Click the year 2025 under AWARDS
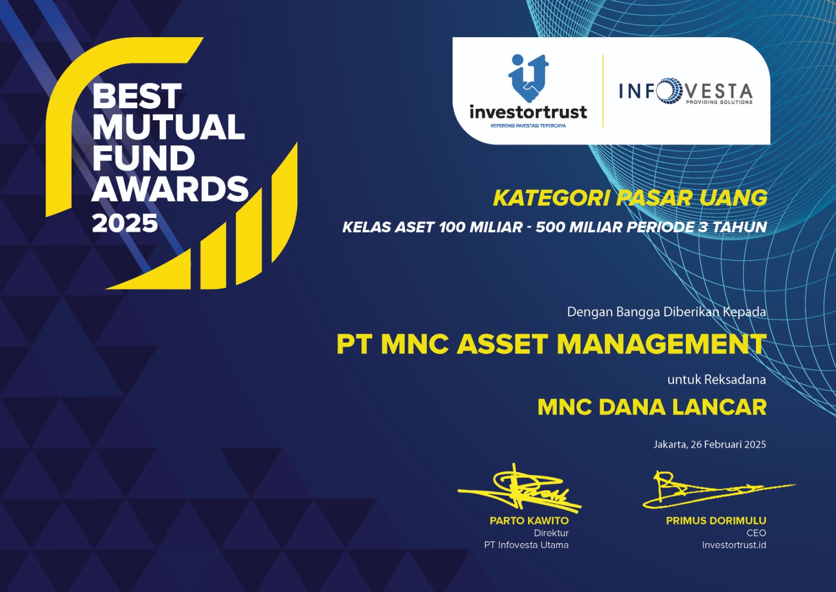coord(125,224)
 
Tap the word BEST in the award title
coord(137,96)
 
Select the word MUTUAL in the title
coord(169,127)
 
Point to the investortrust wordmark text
coord(528,111)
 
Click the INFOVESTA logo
coord(686,90)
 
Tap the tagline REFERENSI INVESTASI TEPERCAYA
coord(528,126)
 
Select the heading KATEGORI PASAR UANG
coord(630,198)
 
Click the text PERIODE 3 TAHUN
coord(696,227)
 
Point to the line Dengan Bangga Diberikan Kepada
coord(667,312)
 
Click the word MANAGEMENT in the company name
coord(662,344)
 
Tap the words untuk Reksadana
coord(717,380)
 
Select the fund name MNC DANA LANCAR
coord(652,407)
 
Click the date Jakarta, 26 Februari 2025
coord(709,444)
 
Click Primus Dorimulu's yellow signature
coord(718,489)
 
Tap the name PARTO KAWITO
coord(529,521)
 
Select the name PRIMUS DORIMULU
coord(716,521)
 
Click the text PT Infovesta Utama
coord(526,545)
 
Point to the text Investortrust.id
coord(734,545)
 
